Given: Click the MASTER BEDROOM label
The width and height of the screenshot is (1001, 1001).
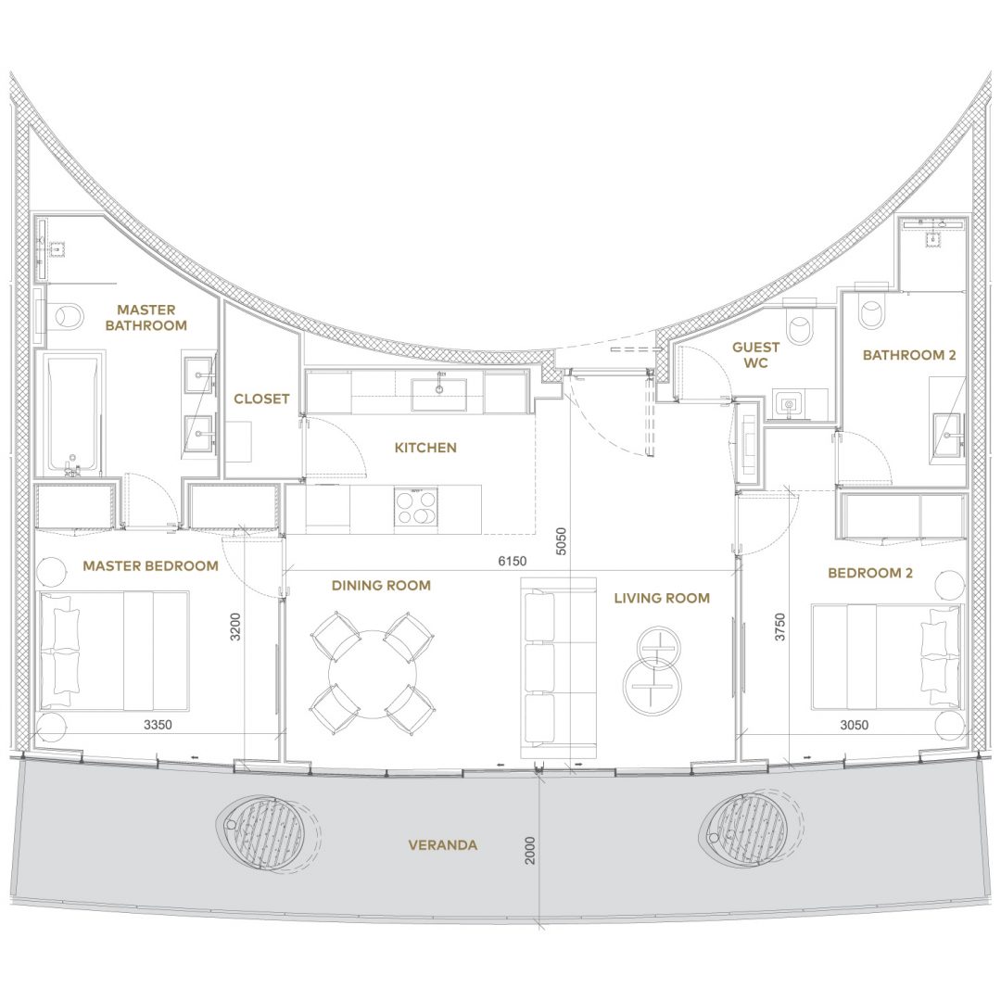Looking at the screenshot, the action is [x=151, y=565].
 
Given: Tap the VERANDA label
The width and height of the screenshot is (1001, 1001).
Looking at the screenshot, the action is [x=442, y=845].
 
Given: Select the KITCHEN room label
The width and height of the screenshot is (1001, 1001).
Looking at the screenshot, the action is [x=425, y=448].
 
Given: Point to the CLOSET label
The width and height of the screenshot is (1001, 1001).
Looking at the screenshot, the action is [x=261, y=399].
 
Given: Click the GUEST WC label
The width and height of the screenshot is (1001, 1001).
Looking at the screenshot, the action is [x=756, y=355].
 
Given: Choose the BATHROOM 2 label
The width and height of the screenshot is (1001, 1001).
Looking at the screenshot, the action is [x=909, y=355].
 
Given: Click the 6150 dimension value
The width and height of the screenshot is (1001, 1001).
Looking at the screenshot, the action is [x=512, y=561].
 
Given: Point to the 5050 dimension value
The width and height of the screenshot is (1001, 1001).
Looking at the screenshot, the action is [x=561, y=540].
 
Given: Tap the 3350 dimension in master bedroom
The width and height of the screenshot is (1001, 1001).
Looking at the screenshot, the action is [x=158, y=725].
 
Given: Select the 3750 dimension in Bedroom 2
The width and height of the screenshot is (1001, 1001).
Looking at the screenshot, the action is [x=779, y=627].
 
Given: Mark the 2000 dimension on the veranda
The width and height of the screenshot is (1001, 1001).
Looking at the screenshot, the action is [x=530, y=850].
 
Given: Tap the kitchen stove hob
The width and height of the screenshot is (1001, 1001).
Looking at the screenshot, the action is [x=415, y=507].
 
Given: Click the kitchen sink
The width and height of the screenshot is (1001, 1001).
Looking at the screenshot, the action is [x=438, y=395].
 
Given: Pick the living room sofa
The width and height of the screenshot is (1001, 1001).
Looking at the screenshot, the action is [x=559, y=667].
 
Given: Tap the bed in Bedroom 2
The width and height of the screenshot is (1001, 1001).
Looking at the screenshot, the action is [x=886, y=656].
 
